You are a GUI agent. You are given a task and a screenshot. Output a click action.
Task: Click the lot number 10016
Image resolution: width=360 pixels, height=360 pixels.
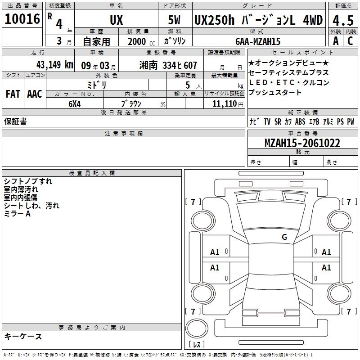[22, 19]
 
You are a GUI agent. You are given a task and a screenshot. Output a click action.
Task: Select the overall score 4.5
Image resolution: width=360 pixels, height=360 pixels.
[343, 20]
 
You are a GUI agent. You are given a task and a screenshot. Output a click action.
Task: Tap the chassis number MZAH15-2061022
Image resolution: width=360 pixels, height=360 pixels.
[302, 143]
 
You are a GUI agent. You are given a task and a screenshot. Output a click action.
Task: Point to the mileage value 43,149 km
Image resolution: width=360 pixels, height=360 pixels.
[55, 65]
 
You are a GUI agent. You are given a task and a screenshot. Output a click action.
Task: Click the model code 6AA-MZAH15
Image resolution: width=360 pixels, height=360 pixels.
[258, 41]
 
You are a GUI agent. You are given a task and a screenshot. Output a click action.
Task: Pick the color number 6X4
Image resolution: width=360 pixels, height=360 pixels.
[75, 104]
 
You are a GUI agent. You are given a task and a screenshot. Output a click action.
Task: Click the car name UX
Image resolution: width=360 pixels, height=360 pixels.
[117, 20]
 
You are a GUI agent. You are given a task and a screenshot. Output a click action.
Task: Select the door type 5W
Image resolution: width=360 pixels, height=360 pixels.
[174, 20]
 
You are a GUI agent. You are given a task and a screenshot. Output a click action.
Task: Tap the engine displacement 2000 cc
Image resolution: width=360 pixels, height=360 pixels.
[141, 41]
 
